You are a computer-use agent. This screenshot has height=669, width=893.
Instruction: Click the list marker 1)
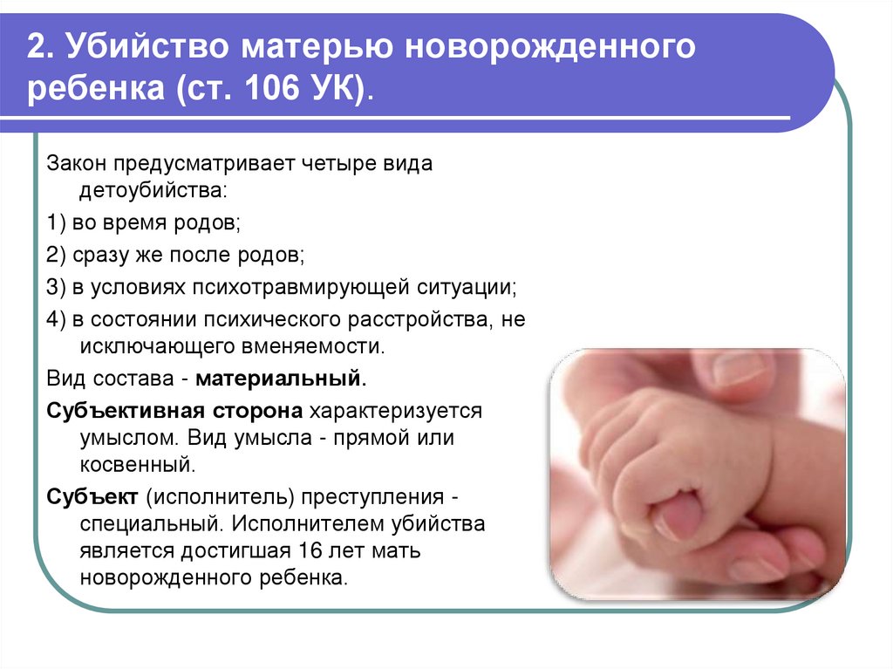(x=57, y=223)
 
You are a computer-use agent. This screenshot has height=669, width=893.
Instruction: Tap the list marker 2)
(x=57, y=256)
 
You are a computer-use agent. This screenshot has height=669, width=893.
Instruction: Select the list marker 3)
(x=57, y=287)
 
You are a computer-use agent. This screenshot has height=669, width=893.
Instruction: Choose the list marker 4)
(x=57, y=319)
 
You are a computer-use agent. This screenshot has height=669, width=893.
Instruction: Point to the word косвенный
(x=136, y=464)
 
